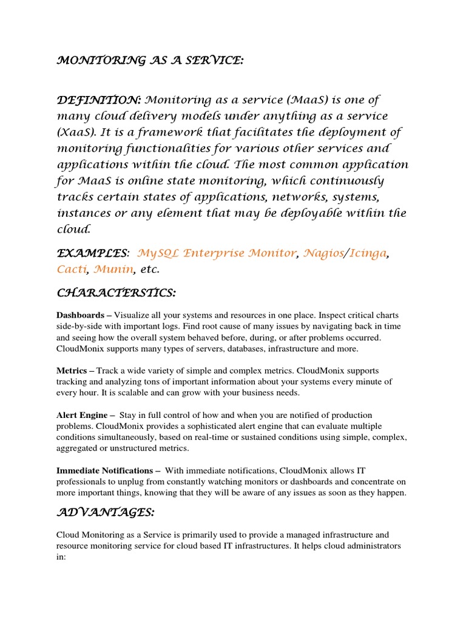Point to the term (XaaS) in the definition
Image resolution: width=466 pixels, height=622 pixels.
(76, 132)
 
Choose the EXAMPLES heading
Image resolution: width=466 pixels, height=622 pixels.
(93, 253)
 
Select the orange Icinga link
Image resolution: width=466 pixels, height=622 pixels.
(366, 253)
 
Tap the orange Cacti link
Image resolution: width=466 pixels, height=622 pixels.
(72, 269)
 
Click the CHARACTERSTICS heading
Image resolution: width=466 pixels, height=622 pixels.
(116, 293)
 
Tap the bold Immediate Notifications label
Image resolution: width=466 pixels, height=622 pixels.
(104, 470)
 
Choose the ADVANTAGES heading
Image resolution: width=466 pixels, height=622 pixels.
(106, 513)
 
